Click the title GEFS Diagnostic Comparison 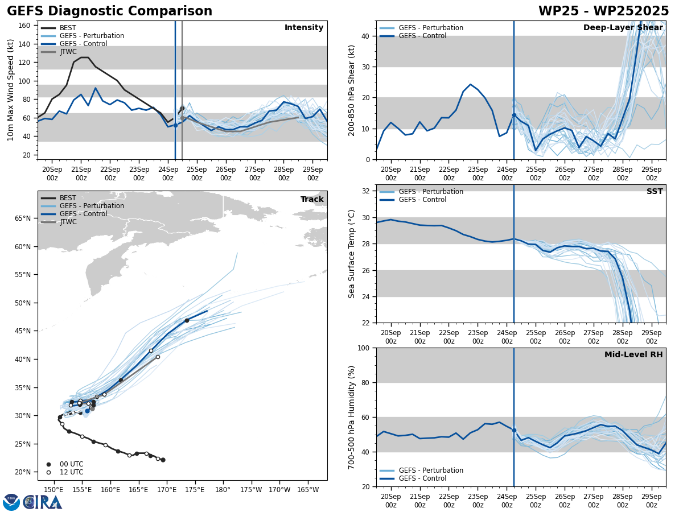point(109,11)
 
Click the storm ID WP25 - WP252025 point(603,11)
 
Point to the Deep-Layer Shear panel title point(623,28)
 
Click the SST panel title point(654,192)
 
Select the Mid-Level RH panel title point(633,355)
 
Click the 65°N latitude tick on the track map point(23,218)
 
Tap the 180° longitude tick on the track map point(223,489)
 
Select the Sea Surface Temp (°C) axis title point(352,254)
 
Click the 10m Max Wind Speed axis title point(11,90)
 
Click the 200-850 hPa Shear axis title point(352,90)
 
